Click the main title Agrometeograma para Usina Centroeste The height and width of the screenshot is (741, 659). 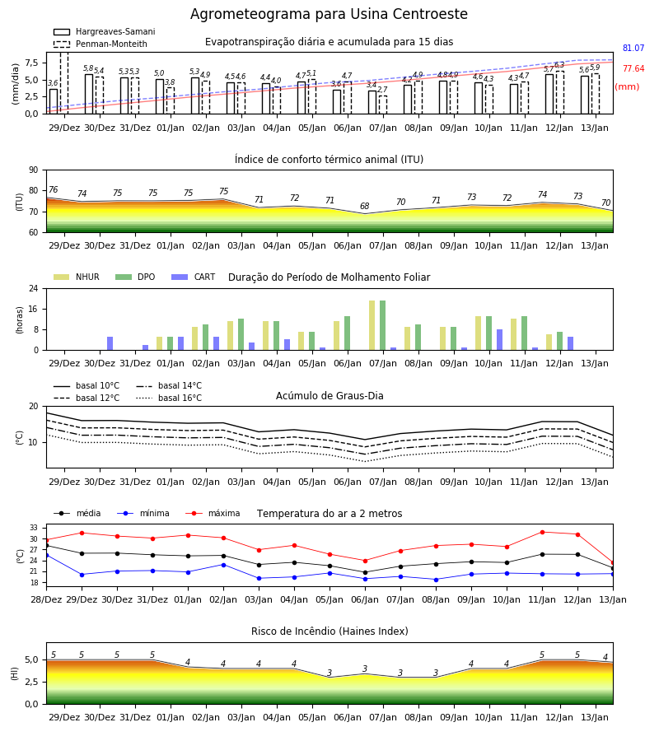[329, 14]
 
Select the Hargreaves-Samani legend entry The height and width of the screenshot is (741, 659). [105, 31]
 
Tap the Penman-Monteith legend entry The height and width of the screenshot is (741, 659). [100, 44]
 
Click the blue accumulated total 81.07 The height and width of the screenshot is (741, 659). [633, 49]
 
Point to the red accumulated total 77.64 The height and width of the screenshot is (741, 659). [633, 69]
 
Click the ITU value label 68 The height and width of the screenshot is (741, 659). [364, 206]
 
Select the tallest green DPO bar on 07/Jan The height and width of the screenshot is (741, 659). [382, 325]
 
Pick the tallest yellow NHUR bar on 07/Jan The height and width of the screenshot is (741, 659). [372, 325]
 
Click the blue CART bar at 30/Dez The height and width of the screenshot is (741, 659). [110, 343]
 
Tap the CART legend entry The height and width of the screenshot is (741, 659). [194, 277]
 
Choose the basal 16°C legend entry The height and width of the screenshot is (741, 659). [169, 398]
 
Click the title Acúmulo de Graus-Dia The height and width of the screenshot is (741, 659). [329, 396]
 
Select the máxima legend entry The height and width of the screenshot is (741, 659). [213, 513]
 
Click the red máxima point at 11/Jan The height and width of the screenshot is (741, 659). [542, 532]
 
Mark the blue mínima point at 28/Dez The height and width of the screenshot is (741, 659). [46, 555]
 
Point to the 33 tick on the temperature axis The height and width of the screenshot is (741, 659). [34, 528]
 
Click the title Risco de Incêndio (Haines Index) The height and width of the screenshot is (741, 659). [329, 631]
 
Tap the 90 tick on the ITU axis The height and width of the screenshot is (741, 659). [33, 170]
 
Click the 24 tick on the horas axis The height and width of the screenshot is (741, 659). [33, 288]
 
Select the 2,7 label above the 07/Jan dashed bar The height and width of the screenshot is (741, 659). [382, 90]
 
